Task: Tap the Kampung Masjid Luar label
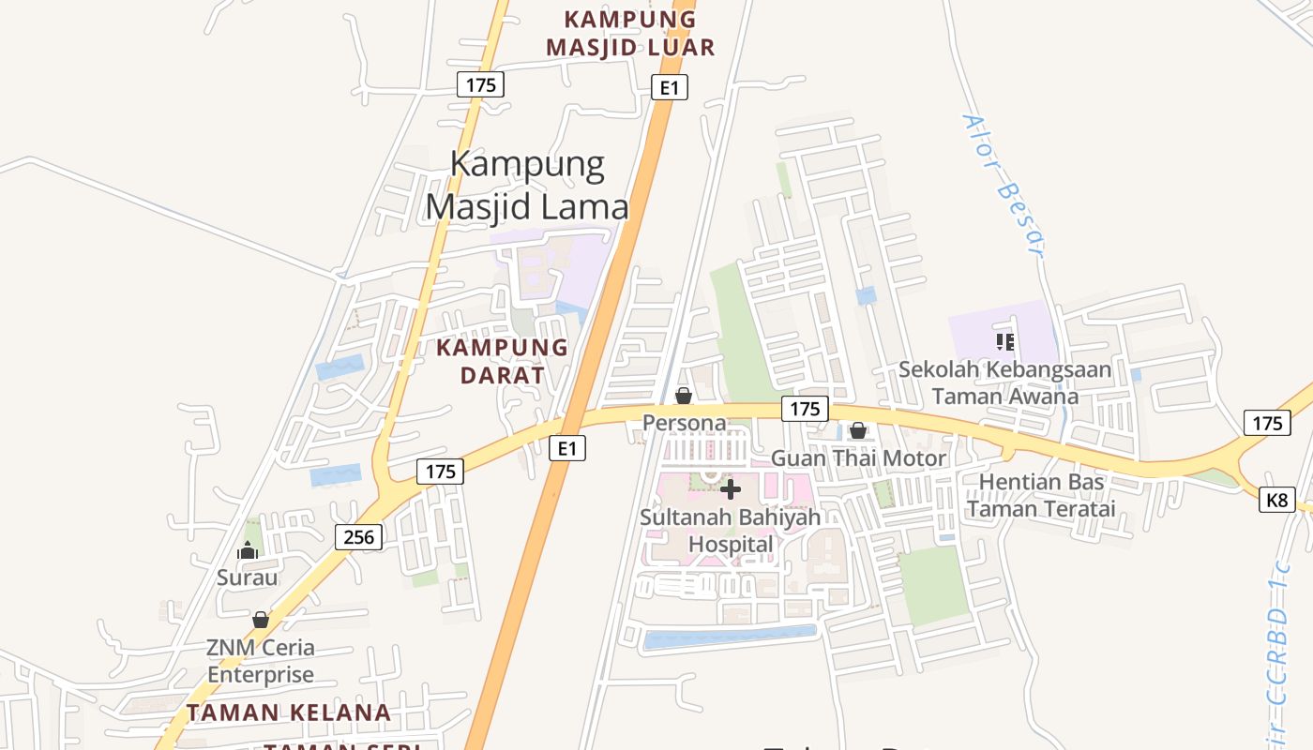tap(630, 33)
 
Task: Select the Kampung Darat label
tap(502, 361)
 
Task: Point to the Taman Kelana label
tap(289, 712)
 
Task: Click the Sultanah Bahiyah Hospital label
tap(731, 531)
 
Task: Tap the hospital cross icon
tap(731, 489)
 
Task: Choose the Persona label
tap(685, 423)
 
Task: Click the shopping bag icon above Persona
tap(684, 396)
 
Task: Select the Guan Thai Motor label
tap(858, 458)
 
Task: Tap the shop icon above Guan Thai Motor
tap(858, 431)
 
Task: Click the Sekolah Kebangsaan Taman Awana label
tap(1005, 382)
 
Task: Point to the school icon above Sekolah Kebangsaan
tap(1005, 341)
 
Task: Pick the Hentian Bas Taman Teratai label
tap(1041, 495)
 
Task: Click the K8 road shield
tap(1276, 500)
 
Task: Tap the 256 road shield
tap(359, 537)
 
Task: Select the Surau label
tap(248, 577)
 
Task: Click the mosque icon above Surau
tap(248, 550)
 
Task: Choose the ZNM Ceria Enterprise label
tap(261, 661)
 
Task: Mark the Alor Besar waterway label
tap(1003, 185)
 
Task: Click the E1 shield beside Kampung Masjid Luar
tap(670, 88)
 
